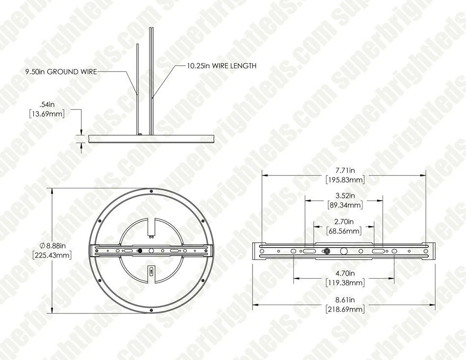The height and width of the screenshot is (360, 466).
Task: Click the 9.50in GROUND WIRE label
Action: (61, 72)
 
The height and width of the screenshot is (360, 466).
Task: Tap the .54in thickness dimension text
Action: (48, 104)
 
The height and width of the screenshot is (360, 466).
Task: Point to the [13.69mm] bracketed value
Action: (48, 113)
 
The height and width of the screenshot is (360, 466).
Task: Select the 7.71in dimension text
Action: (344, 170)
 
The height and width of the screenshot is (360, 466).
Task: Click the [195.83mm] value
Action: (344, 180)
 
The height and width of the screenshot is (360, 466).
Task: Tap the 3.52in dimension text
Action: (344, 195)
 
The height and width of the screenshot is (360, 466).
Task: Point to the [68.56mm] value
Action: (344, 230)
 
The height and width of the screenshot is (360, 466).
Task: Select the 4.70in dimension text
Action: (344, 274)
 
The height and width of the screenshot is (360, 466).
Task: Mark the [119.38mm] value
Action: (344, 283)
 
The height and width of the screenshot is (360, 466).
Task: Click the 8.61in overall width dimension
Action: (344, 299)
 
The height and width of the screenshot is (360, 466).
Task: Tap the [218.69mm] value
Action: (344, 309)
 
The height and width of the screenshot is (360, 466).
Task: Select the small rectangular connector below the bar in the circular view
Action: (151, 271)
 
